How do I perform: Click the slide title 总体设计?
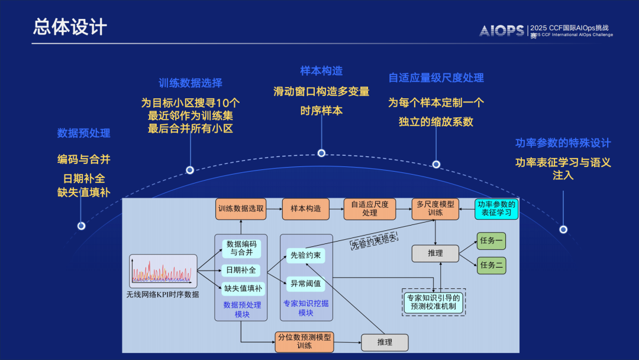point(70,27)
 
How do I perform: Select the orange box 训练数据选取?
point(241,208)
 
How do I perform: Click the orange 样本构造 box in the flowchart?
point(305,208)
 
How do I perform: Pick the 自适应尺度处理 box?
point(369,208)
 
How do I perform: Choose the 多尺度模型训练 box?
point(435,208)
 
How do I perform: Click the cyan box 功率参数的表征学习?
point(496,208)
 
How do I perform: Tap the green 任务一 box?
point(492,241)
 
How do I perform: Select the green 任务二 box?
point(492,265)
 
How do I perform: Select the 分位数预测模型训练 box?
point(304,341)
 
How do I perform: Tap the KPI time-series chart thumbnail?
point(163,271)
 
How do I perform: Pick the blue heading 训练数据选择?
point(191,83)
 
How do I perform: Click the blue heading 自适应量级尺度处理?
point(436,78)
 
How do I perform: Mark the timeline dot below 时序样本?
point(321,153)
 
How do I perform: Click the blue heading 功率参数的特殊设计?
point(563,143)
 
